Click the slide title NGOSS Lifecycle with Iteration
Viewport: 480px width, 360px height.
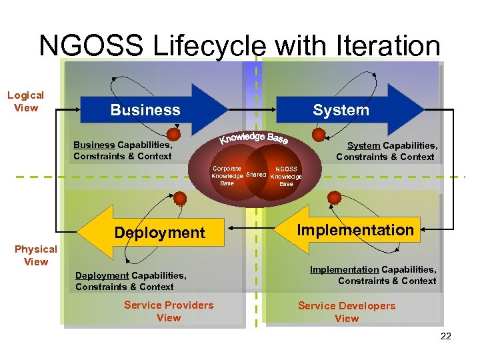click(x=239, y=46)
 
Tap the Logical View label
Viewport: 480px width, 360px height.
click(x=25, y=102)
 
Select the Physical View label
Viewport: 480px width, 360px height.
click(x=36, y=255)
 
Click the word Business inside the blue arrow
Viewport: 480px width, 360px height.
click(x=145, y=110)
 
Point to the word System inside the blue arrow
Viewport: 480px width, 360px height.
click(x=341, y=110)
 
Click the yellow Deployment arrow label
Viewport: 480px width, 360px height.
click(x=159, y=233)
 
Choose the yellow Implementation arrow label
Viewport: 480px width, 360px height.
click(x=355, y=230)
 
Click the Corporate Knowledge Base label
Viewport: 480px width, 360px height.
click(x=227, y=175)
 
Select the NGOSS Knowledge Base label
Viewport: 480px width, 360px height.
click(x=287, y=176)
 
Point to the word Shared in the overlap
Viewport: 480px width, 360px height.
click(x=257, y=175)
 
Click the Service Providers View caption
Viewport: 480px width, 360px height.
click(x=169, y=311)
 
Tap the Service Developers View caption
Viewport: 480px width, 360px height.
click(x=347, y=312)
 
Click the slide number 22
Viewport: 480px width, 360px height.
click(x=446, y=336)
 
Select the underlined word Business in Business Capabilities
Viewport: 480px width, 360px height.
click(x=94, y=145)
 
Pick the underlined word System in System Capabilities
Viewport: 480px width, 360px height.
click(x=364, y=145)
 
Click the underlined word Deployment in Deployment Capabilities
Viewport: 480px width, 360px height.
click(x=102, y=275)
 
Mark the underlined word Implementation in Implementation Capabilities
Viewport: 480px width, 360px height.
click(x=344, y=269)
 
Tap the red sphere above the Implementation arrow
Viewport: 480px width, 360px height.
click(x=335, y=198)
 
